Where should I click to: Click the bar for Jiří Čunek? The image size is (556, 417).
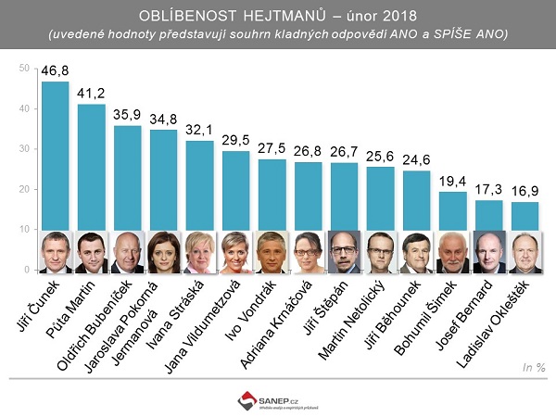coord(56,158)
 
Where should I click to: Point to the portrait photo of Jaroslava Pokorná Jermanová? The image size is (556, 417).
coord(164,252)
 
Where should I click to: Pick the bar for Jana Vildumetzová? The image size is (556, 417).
coord(236,190)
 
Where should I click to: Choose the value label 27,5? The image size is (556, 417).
coord(272,149)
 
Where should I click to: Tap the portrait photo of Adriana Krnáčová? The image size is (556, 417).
coord(309,252)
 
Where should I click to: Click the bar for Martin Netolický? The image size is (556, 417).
coord(381,199)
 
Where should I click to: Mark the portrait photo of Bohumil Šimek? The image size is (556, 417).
coord(453,252)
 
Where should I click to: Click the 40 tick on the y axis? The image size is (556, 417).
coord(25,109)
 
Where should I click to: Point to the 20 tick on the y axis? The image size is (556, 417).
coord(25,189)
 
